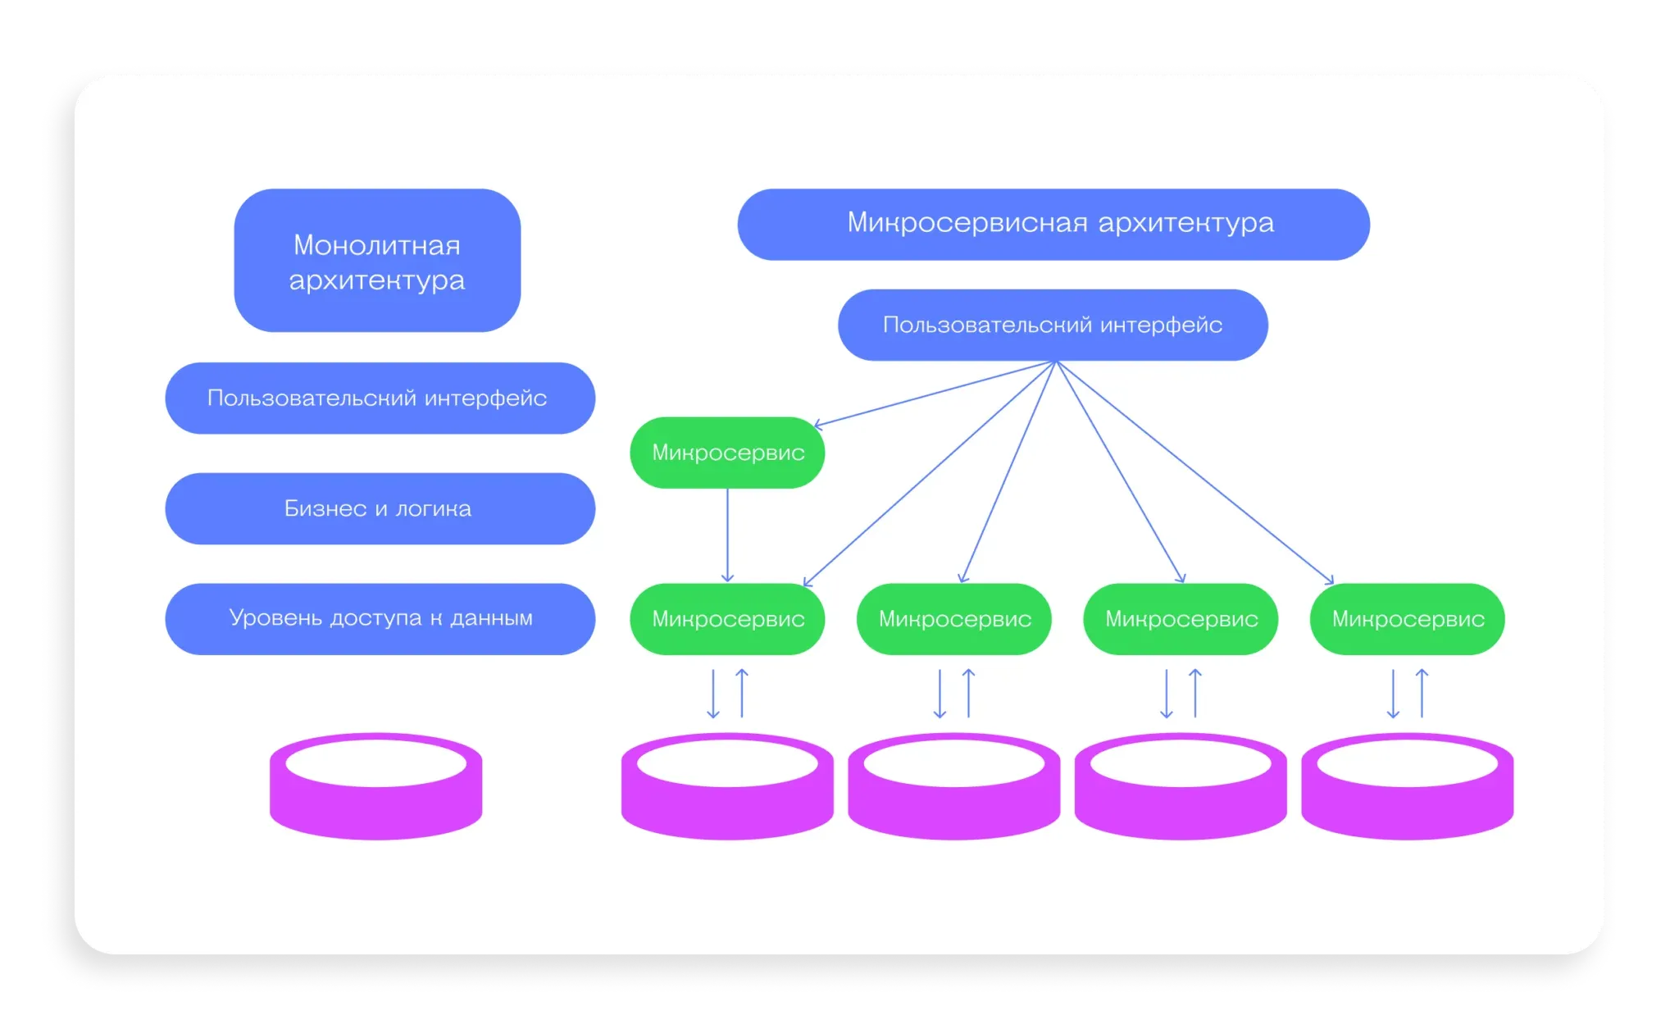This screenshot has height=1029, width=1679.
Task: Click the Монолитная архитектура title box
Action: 377,261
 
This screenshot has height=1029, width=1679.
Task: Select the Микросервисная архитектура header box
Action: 1053,225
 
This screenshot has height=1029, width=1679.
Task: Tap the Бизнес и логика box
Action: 380,508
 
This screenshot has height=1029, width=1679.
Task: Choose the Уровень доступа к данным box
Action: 380,619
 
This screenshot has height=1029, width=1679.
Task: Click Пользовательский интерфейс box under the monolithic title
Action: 380,398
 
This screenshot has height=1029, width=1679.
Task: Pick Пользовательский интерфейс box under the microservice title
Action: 1053,325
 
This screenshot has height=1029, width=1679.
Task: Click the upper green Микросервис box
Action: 727,453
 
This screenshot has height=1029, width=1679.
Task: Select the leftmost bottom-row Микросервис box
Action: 727,619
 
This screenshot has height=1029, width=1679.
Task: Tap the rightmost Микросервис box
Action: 1407,619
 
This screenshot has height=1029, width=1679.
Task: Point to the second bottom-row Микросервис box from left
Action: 953,619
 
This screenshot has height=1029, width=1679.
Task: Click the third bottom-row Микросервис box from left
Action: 1181,619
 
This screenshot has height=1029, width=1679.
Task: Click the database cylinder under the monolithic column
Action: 376,787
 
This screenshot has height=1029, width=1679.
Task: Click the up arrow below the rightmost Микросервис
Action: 1422,694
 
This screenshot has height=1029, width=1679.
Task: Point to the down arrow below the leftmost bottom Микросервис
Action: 713,694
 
